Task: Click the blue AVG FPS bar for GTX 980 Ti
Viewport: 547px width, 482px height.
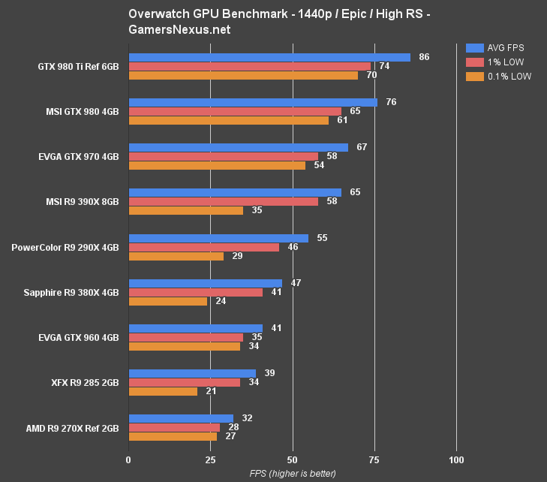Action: (269, 57)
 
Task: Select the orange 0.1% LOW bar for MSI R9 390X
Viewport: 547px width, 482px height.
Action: (186, 211)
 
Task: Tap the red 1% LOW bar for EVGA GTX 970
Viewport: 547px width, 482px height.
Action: (223, 156)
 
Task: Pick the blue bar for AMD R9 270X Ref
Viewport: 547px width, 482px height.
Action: (181, 418)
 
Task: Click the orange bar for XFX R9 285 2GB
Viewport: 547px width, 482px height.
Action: (163, 391)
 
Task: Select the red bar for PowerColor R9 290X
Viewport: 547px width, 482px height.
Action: (203, 247)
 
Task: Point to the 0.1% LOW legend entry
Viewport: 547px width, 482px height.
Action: (498, 76)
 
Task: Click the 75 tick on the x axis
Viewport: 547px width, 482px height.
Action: (374, 459)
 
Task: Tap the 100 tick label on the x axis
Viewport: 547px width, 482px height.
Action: (455, 459)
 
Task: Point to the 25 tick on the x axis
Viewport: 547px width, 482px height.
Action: (210, 459)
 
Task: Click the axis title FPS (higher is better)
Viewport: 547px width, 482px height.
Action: (293, 474)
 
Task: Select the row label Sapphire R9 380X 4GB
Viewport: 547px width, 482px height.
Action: (71, 292)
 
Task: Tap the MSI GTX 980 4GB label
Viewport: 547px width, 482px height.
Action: (82, 111)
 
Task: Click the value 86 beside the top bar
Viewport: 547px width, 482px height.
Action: (424, 57)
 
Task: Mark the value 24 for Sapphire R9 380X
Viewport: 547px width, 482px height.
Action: (221, 301)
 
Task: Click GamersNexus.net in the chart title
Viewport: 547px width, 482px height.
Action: (179, 30)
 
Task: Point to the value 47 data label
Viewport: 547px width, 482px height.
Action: (296, 283)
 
